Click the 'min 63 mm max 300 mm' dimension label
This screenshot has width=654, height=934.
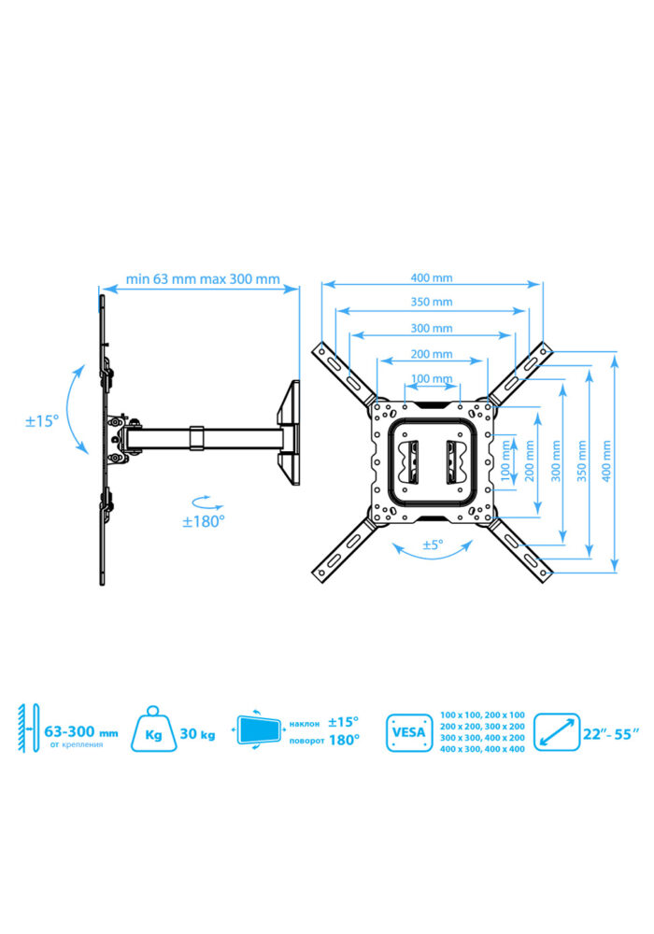pos(203,278)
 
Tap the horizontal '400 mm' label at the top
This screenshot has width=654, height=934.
pos(432,277)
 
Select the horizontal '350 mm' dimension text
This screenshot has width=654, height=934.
pos(432,302)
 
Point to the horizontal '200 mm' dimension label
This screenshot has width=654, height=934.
pos(432,354)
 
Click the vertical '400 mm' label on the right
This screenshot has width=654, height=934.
pos(606,461)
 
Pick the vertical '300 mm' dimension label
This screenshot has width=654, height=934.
pos(556,461)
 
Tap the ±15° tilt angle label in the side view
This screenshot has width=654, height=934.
pos(42,421)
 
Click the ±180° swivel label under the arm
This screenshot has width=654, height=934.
pos(203,521)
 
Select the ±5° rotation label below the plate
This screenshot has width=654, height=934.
pos(433,545)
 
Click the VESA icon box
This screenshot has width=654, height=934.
pos(409,732)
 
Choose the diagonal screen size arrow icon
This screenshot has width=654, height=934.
pos(557,732)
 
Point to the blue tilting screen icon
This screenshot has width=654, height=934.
pos(259,729)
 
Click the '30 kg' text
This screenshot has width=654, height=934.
pos(198,733)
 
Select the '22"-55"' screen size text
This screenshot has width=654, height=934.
pos(611,734)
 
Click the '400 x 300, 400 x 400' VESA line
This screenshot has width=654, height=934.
pos(482,749)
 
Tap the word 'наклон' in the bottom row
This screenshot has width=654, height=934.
pos(305,725)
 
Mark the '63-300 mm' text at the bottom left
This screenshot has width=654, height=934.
pos(81,731)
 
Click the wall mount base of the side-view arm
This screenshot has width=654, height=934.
pos(289,433)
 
